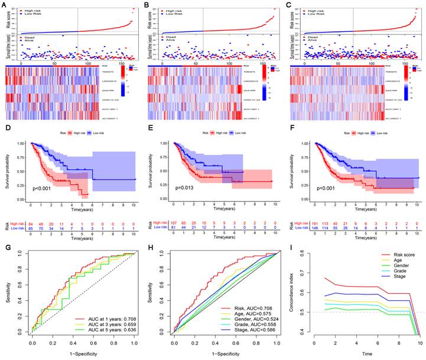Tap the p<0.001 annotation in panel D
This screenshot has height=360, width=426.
coord(44,188)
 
